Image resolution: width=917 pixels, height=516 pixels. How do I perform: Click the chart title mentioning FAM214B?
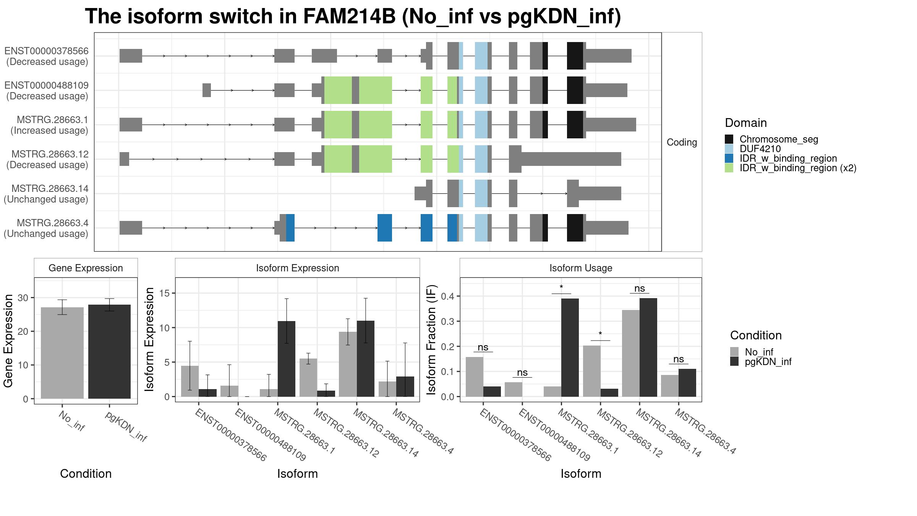point(353,17)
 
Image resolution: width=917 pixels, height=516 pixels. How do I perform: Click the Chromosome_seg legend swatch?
point(729,139)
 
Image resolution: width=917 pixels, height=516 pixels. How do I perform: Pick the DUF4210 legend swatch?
point(729,149)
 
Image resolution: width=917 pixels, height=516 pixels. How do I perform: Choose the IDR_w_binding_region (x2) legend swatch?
point(729,168)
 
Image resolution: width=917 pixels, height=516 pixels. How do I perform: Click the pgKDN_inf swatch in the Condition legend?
point(734,362)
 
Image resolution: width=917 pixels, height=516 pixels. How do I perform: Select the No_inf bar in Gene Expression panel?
point(62,353)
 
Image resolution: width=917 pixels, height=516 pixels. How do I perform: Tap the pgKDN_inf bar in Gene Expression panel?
point(109,352)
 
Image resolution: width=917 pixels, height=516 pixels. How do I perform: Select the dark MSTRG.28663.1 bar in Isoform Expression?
point(287,359)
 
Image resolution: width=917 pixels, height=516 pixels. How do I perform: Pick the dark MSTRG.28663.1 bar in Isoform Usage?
point(570,348)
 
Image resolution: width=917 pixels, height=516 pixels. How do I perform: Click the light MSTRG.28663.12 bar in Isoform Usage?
point(592,371)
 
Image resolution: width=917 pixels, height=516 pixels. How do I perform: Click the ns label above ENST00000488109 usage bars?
point(522,373)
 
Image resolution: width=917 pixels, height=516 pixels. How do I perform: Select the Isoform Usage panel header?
point(581,268)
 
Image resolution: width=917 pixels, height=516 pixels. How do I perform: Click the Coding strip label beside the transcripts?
point(682,142)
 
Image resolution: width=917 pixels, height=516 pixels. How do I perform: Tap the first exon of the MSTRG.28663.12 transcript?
point(124,159)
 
